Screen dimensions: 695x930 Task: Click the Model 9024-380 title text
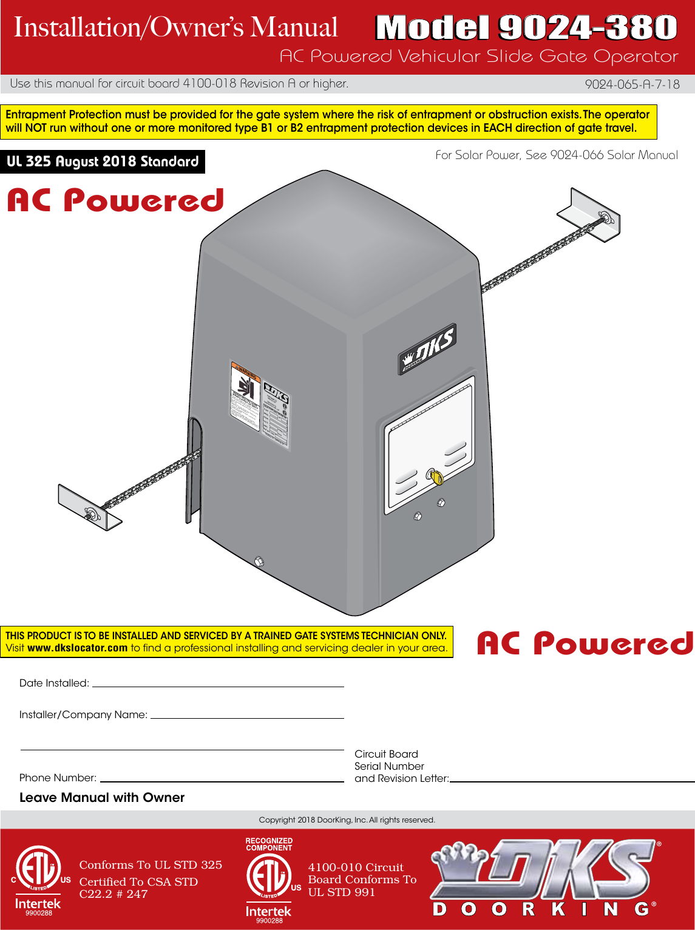(526, 28)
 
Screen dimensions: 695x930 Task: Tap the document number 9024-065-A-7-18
(632, 84)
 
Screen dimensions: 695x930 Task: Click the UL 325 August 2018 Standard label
(103, 161)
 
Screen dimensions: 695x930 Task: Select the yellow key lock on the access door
(435, 477)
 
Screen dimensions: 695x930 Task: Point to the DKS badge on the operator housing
(427, 348)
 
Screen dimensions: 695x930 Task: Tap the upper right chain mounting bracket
(589, 213)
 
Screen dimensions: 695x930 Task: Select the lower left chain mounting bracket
(89, 507)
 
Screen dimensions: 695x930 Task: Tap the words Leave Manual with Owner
(102, 798)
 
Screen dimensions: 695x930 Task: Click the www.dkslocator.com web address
(77, 648)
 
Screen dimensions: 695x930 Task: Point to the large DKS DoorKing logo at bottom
(544, 878)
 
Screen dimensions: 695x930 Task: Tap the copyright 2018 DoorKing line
(347, 820)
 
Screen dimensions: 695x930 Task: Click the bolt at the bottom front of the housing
(258, 561)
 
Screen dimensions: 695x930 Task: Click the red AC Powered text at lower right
(585, 643)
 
